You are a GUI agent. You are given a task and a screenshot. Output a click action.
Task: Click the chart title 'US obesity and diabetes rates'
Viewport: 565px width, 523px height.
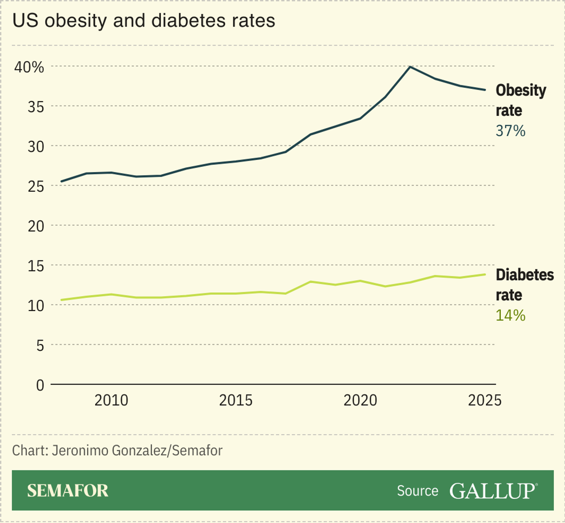[144, 21]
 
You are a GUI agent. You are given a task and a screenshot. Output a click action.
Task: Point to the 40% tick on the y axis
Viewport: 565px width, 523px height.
[29, 67]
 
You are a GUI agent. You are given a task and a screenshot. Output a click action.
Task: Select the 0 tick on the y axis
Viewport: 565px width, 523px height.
[40, 386]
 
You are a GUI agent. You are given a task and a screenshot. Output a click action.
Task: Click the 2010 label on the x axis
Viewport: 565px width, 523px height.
[111, 401]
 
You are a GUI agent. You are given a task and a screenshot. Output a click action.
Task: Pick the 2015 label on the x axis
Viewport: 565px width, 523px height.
[236, 401]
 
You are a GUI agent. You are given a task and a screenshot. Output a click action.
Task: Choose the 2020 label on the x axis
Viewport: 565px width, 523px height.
[360, 401]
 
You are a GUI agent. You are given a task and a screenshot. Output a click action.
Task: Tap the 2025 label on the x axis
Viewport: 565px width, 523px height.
[485, 401]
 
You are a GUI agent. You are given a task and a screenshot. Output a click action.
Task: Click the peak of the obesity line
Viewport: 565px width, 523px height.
[410, 67]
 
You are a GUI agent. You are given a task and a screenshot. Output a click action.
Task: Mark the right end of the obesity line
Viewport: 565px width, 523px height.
[485, 90]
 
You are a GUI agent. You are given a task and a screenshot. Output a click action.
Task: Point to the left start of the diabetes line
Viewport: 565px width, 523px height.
[61, 300]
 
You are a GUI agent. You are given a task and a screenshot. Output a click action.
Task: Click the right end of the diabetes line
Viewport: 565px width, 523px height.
[485, 274]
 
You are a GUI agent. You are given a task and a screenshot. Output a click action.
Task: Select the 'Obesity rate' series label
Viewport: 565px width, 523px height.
[520, 100]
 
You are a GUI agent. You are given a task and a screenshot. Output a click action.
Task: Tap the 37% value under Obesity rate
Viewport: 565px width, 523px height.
[511, 131]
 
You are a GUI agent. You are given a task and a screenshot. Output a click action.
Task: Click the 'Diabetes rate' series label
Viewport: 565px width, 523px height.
[524, 285]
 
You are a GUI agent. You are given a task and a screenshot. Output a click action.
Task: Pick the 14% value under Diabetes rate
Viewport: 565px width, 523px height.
[511, 315]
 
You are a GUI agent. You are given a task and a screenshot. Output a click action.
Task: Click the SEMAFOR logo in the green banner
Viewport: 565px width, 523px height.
[68, 491]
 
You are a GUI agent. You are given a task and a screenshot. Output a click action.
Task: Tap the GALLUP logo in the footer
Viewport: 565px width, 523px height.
[493, 491]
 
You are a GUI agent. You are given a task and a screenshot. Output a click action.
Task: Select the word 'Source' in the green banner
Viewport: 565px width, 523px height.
[417, 491]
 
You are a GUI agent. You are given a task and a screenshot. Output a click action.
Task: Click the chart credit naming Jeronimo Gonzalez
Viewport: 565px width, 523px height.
[117, 450]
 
